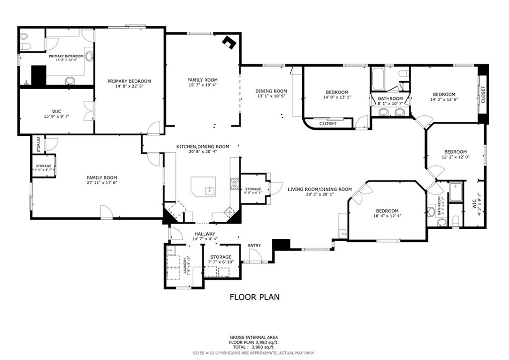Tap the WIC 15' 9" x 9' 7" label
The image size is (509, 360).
pos(56,114)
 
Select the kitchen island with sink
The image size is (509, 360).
pos(206,187)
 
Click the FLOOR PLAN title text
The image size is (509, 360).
pos(254,297)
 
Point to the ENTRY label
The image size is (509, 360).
pos(254,246)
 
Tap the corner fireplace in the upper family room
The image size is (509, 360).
pos(229,42)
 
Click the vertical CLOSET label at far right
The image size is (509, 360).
pos(483,94)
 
